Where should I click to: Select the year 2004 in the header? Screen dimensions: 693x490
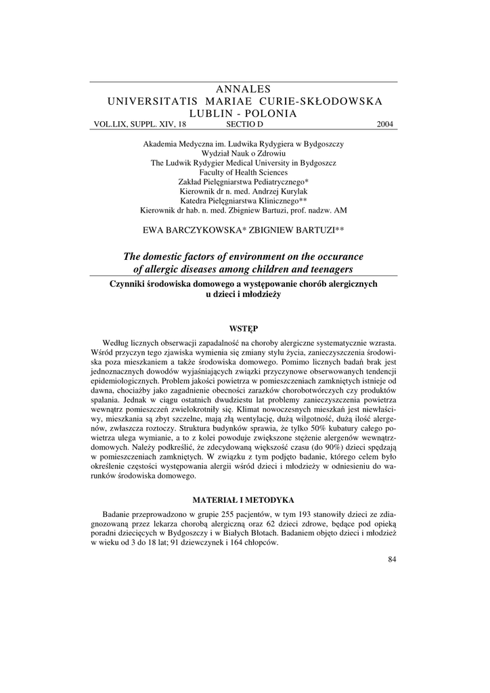[386, 125]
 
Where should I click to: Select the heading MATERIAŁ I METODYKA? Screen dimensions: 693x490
[244, 500]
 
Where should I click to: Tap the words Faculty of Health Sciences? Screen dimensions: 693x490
[244, 173]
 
